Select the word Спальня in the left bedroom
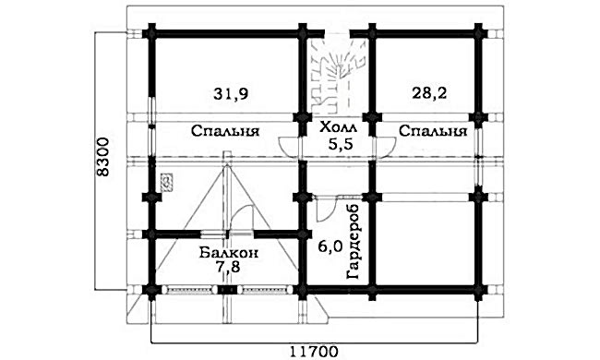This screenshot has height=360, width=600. (x=224, y=131)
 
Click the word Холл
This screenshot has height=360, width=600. (x=336, y=128)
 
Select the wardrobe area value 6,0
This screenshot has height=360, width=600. (x=330, y=246)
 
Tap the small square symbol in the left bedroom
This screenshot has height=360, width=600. (x=167, y=181)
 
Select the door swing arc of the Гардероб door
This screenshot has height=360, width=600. (x=325, y=210)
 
